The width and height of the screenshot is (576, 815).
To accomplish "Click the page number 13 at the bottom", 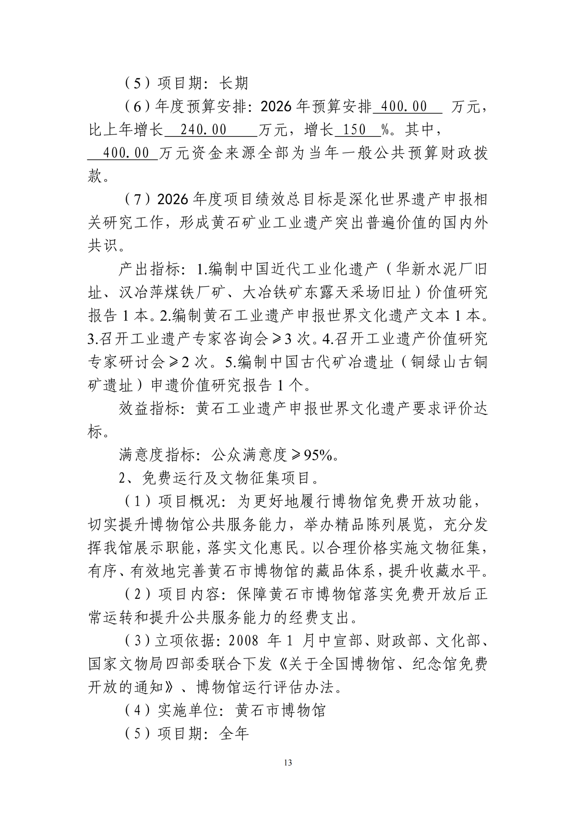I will point(288,763).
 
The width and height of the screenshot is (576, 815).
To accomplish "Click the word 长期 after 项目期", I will point(234,83).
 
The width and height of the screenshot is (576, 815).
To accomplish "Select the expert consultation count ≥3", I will point(283,339).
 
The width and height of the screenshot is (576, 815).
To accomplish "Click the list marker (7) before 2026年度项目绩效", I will point(135,200).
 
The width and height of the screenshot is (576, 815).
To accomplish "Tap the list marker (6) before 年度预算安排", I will point(135,107).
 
